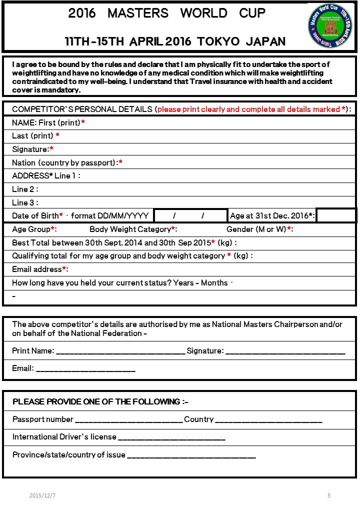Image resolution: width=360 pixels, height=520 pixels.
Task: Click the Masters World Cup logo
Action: click(x=330, y=25)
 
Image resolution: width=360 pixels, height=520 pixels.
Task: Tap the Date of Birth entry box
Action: click(x=190, y=215)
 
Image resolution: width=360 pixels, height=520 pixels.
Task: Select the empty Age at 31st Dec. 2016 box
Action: click(x=336, y=215)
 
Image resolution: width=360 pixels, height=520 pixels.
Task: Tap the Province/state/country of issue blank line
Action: click(x=191, y=456)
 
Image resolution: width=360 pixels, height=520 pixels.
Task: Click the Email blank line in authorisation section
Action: click(x=85, y=369)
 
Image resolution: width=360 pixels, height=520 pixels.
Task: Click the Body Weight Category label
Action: click(x=133, y=229)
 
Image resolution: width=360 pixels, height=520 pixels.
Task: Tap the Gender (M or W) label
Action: click(x=259, y=229)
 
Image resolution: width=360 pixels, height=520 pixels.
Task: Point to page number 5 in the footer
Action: click(x=329, y=495)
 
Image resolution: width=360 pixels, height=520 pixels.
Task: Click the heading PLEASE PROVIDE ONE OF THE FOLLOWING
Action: click(x=100, y=402)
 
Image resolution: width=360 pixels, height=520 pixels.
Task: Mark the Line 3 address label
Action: click(x=25, y=202)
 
